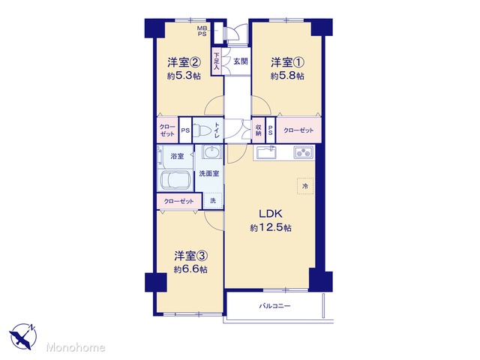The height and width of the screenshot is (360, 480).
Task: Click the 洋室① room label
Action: coord(287,62)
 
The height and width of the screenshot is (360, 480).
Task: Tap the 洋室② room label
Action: coord(184,62)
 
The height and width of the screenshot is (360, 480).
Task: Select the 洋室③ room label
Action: coord(191,256)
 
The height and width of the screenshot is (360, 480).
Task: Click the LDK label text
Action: coord(271,214)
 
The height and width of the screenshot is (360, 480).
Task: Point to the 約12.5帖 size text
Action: coord(271,228)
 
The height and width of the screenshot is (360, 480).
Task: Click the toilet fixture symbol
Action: coord(202,130)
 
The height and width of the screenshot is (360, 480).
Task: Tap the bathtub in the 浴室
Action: coord(175,180)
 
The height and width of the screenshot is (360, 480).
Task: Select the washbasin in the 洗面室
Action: coord(211,151)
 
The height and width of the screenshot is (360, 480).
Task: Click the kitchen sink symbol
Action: coord(266,152)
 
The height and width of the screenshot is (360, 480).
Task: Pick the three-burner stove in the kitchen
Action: coord(304,152)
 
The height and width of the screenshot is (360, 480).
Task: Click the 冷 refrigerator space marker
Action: coord(305,186)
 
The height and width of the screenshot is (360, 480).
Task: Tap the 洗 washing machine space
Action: coord(213,200)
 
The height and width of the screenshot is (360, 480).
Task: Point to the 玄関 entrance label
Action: coord(240,61)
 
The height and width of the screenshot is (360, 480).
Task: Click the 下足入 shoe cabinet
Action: coord(217,61)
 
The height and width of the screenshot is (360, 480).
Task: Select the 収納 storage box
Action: coord(258,130)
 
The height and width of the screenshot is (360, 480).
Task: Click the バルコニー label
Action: coord(275,306)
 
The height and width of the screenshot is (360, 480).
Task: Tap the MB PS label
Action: coord(202,31)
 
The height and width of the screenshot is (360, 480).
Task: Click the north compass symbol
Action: coord(23,337)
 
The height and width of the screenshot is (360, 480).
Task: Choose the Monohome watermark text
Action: coord(76,347)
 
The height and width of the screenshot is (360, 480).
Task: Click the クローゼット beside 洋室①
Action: coord(298,130)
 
